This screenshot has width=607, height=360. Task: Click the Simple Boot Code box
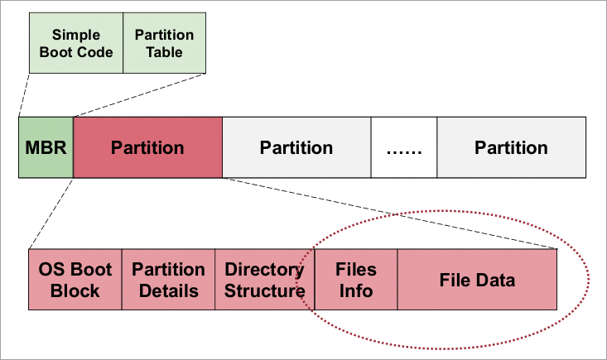[76, 43]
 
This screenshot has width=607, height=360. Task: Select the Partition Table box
[165, 43]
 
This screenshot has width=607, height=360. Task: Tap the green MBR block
[46, 147]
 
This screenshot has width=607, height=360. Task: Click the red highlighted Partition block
[147, 147]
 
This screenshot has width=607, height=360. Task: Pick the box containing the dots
[404, 147]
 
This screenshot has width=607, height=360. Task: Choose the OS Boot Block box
[75, 280]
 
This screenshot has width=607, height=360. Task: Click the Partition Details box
[168, 280]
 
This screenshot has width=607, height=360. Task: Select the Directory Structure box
[265, 280]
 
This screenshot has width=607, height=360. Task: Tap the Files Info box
[356, 280]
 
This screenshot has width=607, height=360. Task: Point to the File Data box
[477, 280]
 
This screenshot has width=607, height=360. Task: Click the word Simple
[76, 35]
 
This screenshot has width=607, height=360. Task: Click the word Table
[165, 52]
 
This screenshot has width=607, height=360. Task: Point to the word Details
[169, 290]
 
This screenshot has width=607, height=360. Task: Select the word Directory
[264, 271]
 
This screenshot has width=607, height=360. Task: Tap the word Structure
[265, 290]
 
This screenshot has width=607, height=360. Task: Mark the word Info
[356, 290]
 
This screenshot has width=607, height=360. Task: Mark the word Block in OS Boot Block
[75, 290]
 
